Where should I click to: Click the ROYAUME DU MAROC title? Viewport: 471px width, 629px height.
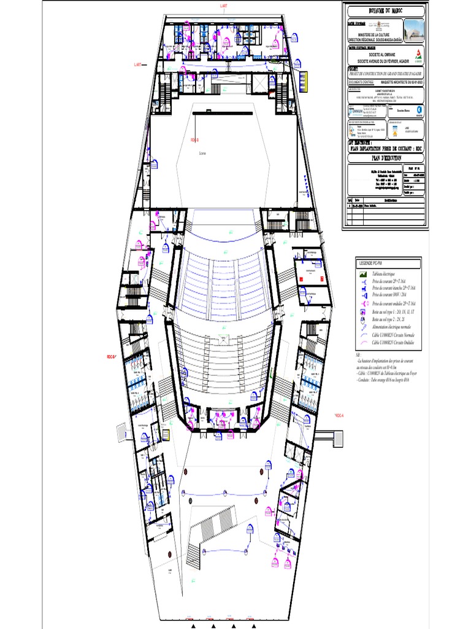[385, 11]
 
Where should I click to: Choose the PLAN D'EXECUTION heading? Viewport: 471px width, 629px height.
[385, 158]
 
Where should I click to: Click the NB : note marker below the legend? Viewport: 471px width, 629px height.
[359, 355]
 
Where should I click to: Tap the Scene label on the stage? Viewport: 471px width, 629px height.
[202, 154]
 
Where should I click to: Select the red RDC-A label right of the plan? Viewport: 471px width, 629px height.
[340, 416]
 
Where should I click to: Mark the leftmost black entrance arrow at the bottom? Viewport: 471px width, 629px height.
[194, 626]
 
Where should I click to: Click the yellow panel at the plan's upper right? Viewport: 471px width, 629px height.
[305, 79]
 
